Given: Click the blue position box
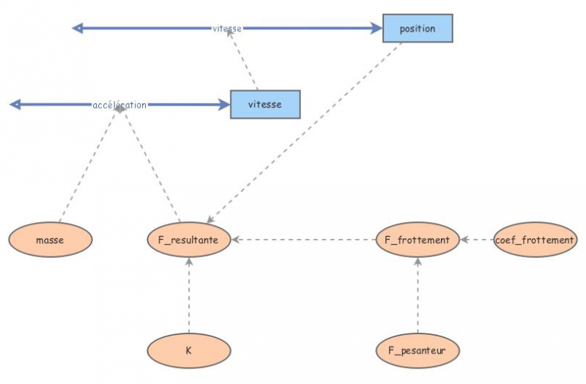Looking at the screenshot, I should (418, 29).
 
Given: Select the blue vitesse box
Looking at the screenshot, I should (264, 104).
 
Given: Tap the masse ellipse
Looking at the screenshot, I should (51, 240).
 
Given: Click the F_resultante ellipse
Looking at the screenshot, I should (189, 240).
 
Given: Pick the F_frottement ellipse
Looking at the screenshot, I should (418, 240).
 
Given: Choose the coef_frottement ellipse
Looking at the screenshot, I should (535, 240).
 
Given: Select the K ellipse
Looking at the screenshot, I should (188, 351).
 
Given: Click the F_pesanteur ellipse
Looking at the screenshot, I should (418, 351).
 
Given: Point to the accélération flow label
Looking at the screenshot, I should (119, 105).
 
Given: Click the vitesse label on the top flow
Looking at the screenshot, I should (227, 29).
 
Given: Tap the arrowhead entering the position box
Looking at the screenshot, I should (377, 29).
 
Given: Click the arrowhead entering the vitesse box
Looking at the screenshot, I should (224, 105).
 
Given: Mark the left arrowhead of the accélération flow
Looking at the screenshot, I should (15, 105).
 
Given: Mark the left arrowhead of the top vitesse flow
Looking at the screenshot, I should (78, 29).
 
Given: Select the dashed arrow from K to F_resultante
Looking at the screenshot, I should (189, 297).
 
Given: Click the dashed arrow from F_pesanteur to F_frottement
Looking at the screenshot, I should (418, 297).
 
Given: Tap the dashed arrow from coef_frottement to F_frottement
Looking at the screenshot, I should (477, 240).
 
